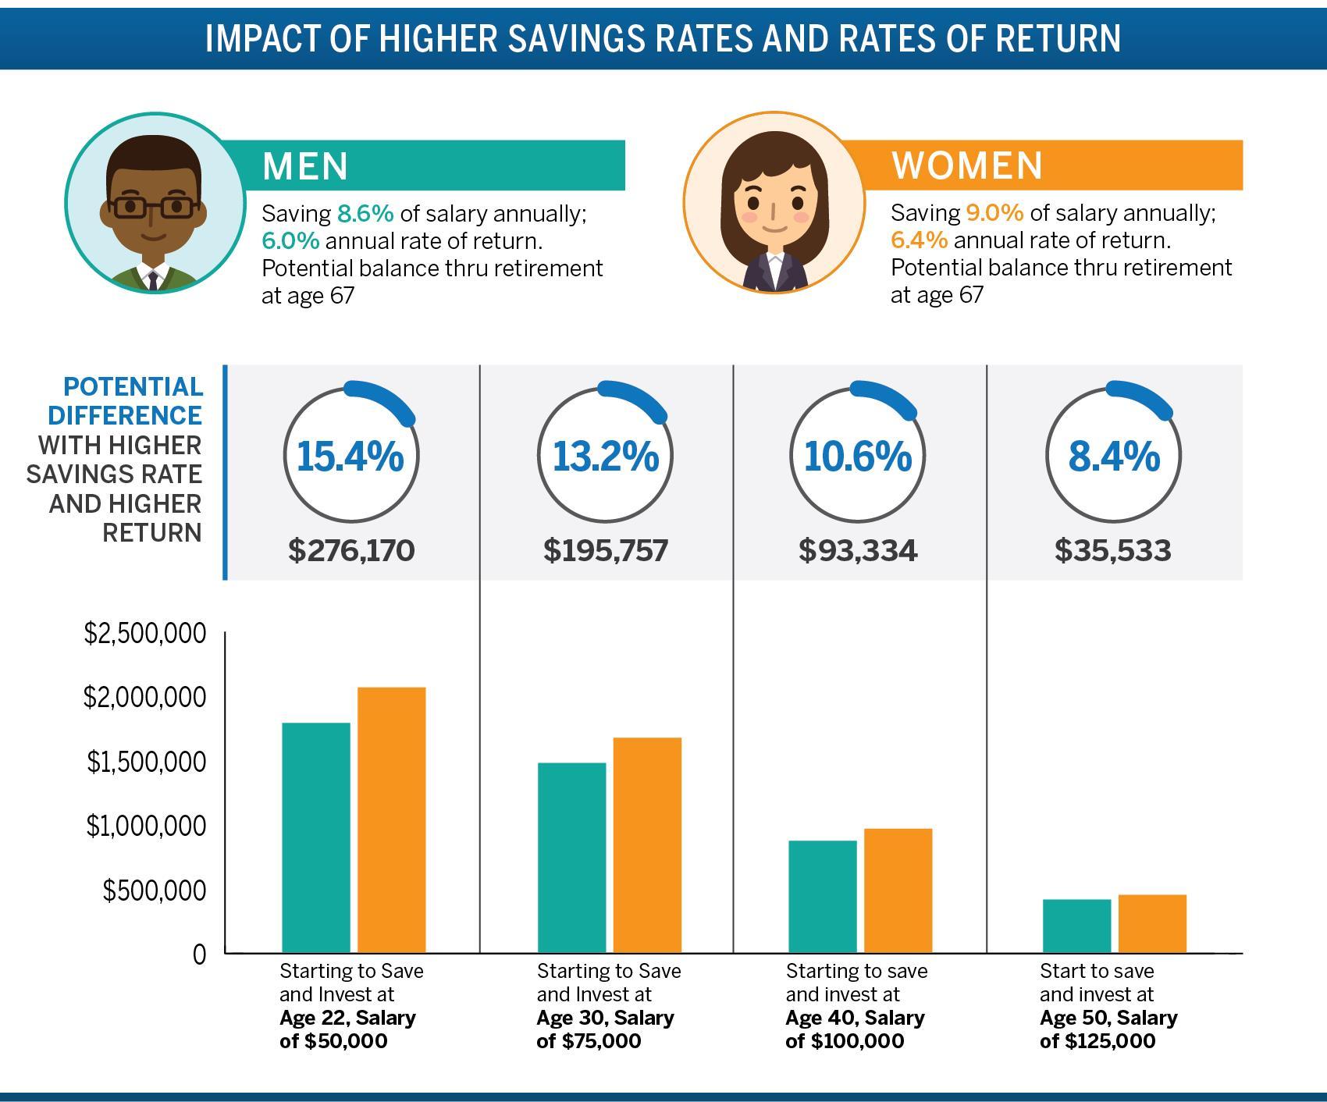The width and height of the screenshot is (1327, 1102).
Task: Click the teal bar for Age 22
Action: click(315, 837)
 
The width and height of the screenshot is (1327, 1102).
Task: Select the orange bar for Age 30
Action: click(647, 844)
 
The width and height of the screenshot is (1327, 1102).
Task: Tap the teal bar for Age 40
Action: click(822, 896)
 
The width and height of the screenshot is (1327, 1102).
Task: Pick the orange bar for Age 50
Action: click(1152, 923)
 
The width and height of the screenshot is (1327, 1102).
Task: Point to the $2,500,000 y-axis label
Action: click(145, 633)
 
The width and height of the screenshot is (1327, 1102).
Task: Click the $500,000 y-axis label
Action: click(154, 890)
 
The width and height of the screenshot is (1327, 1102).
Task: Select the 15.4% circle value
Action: click(350, 457)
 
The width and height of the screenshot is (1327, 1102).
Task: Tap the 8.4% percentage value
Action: click(1114, 457)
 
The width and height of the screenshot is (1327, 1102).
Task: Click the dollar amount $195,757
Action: click(606, 551)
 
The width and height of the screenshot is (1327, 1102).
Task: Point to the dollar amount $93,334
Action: click(858, 551)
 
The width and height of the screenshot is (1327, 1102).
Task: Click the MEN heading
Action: click(305, 165)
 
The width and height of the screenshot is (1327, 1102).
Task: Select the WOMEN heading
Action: click(967, 165)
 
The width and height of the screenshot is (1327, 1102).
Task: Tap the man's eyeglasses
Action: click(153, 208)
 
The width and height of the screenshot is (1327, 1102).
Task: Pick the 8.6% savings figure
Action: click(365, 214)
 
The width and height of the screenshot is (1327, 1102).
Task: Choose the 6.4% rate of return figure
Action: click(919, 240)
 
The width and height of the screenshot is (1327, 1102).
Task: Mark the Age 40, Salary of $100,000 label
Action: click(855, 1029)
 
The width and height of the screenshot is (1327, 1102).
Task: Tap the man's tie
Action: click(153, 279)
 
